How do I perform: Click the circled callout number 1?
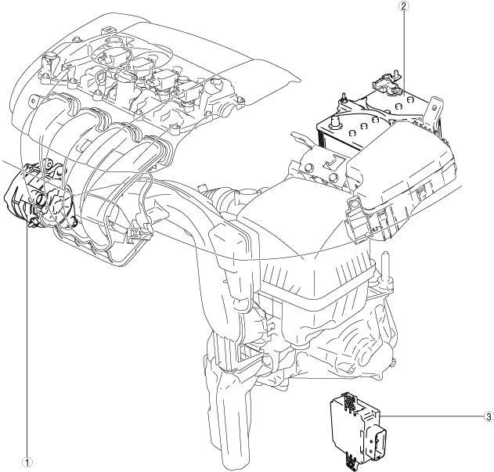(28, 462)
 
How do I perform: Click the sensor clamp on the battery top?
(385, 80)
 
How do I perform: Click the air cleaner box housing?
(313, 258)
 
